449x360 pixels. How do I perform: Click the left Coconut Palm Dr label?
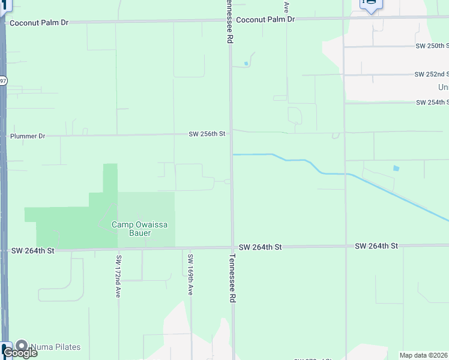(x=40, y=22)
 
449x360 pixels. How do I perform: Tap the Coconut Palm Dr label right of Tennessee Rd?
(x=265, y=20)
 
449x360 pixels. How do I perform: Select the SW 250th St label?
(x=432, y=46)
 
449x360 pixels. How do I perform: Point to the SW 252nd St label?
(x=432, y=74)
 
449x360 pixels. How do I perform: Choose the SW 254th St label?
(x=432, y=103)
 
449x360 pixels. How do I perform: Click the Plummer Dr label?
(x=28, y=136)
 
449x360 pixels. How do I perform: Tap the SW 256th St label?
(x=206, y=134)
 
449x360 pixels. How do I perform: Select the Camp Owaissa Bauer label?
(x=139, y=229)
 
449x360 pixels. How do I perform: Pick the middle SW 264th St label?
(x=260, y=247)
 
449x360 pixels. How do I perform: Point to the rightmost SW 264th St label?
(x=376, y=246)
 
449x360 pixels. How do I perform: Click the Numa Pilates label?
(x=55, y=347)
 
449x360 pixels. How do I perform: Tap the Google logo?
(x=20, y=353)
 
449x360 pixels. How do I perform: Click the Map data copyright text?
(x=424, y=355)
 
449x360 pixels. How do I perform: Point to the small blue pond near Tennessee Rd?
(x=246, y=64)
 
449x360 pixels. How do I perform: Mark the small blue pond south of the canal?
(x=396, y=168)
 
